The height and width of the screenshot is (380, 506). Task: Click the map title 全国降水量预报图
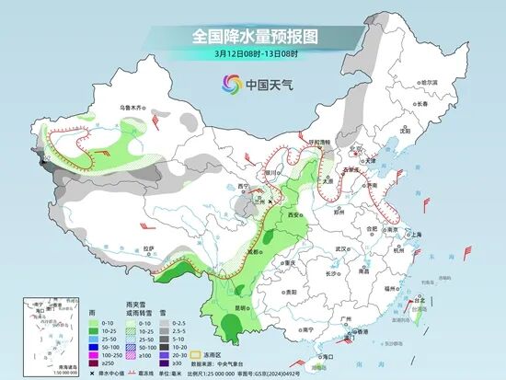(253, 36)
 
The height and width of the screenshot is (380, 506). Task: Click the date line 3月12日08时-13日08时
(253, 53)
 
